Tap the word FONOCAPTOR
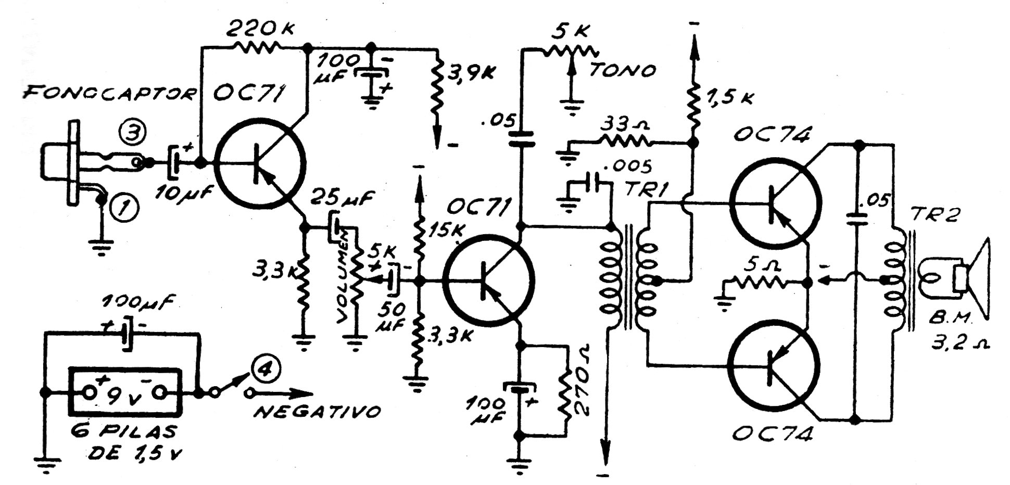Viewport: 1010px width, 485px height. click(109, 94)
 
